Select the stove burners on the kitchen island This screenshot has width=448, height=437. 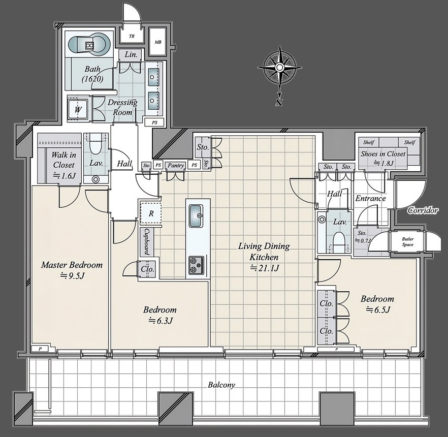pyautogui.click(x=196, y=265)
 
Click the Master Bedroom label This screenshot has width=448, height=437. pyautogui.click(x=72, y=265)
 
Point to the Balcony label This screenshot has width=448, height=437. pyautogui.click(x=221, y=385)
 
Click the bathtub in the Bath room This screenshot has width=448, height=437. pyautogui.click(x=89, y=45)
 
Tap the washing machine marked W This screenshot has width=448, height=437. pyautogui.click(x=78, y=109)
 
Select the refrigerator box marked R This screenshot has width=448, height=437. pyautogui.click(x=151, y=213)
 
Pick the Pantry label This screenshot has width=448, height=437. pyautogui.click(x=176, y=166)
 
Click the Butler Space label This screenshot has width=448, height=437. pyautogui.click(x=408, y=242)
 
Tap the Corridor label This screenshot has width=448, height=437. pyautogui.click(x=423, y=211)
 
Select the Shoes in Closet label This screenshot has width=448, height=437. pyautogui.click(x=383, y=154)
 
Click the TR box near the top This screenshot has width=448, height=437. pyautogui.click(x=132, y=36)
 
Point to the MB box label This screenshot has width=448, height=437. pyautogui.click(x=158, y=42)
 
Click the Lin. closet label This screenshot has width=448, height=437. pyautogui.click(x=132, y=54)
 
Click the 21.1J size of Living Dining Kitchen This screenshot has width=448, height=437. pyautogui.click(x=264, y=268)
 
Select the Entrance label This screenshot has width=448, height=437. pyautogui.click(x=371, y=198)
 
